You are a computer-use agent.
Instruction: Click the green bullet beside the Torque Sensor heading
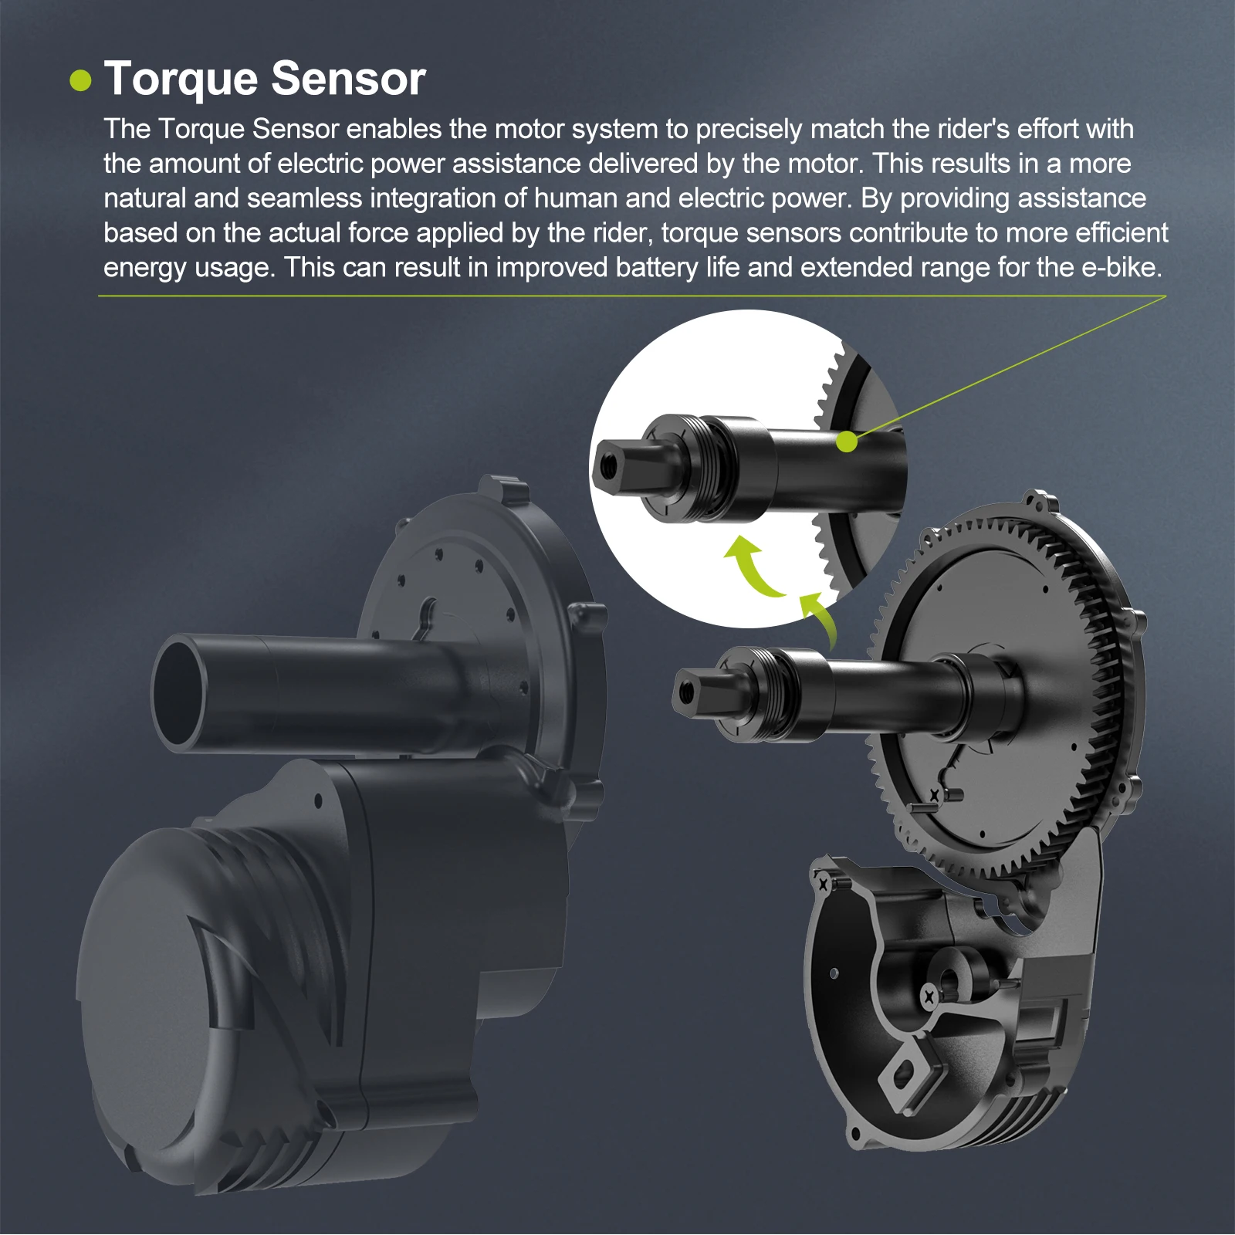[x=80, y=80]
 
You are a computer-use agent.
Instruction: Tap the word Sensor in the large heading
[x=348, y=79]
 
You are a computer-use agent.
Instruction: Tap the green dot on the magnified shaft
[x=847, y=442]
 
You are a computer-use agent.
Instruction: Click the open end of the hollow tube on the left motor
[x=179, y=693]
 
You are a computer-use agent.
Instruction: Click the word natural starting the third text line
[x=145, y=198]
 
